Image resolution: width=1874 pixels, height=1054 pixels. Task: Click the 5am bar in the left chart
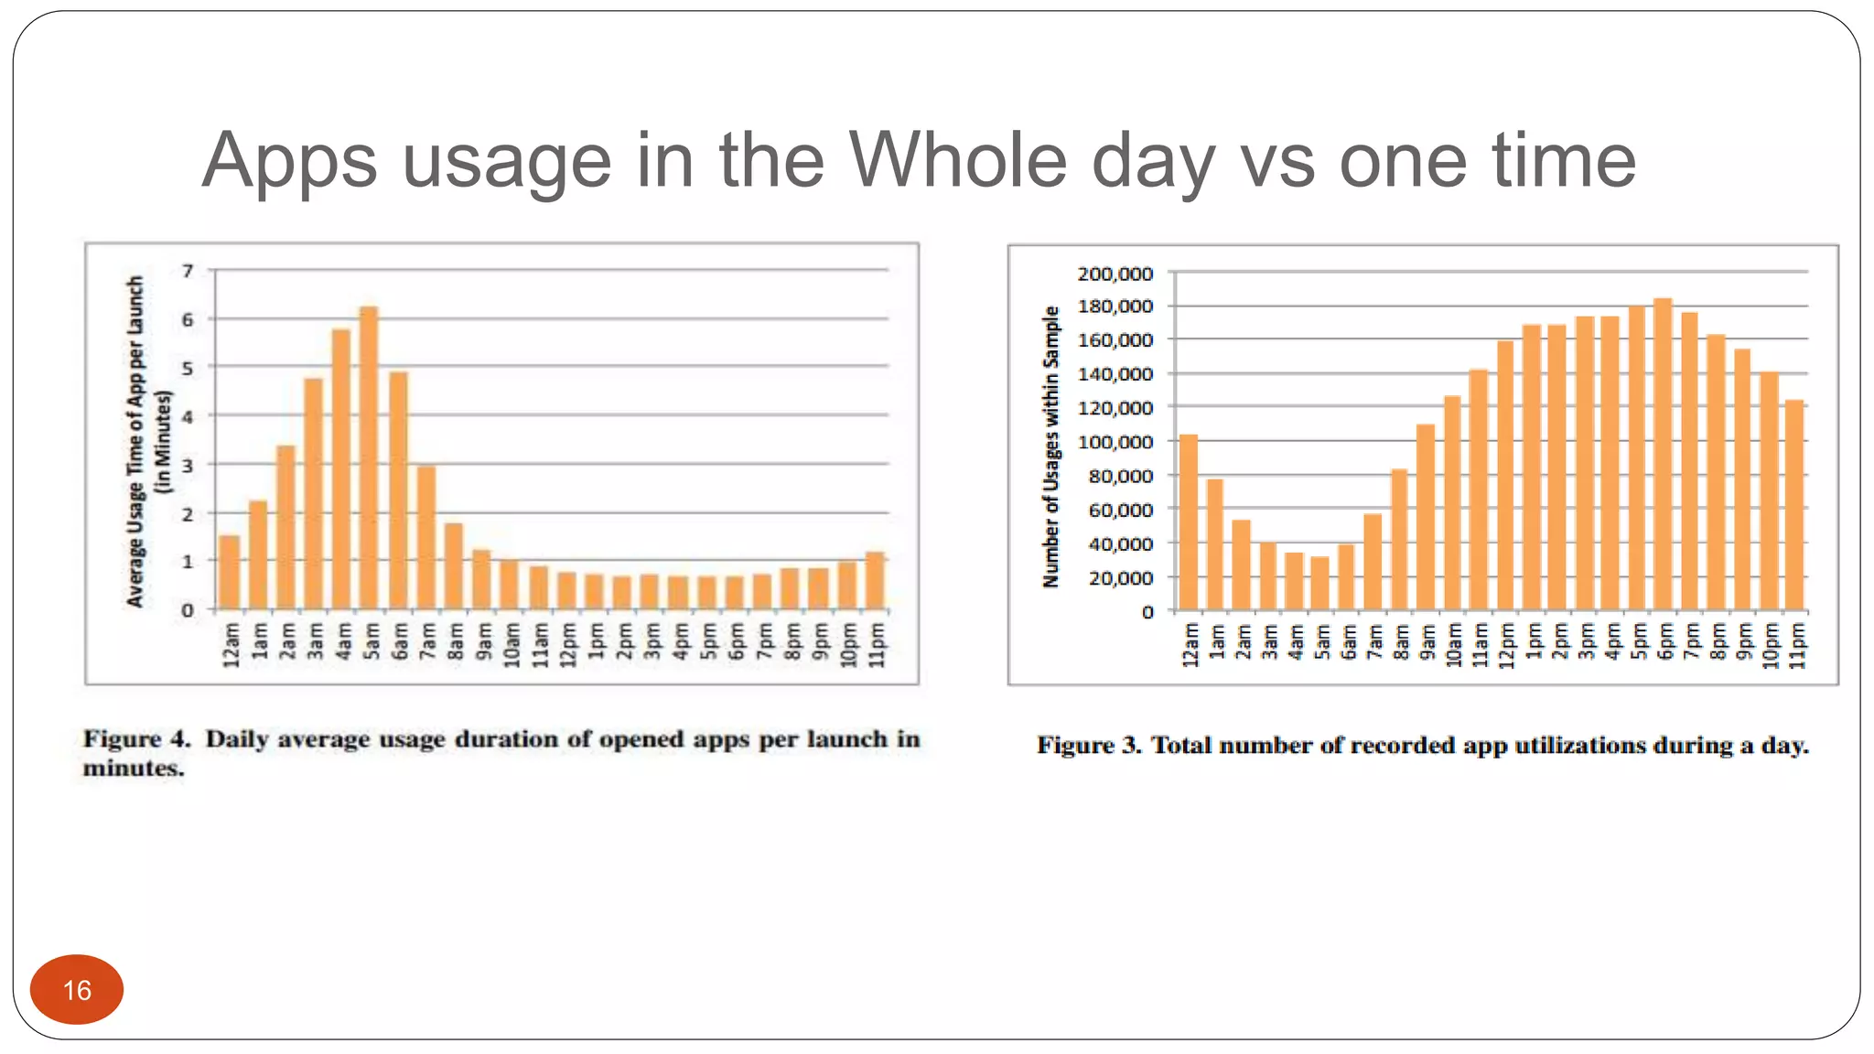coord(369,457)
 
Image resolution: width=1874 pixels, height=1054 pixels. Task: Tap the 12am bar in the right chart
coord(1189,522)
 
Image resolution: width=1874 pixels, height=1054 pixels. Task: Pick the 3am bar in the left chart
coord(314,494)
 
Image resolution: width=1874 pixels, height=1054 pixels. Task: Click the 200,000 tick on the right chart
coord(1115,274)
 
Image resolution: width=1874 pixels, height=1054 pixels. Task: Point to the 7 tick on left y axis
coord(188,271)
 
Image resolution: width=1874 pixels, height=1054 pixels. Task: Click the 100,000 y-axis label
coord(1115,442)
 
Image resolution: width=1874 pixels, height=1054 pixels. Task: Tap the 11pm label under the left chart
coord(877,644)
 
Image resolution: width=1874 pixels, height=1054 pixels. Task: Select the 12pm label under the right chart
coord(1506,646)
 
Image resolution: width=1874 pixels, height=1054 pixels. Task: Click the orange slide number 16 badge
coord(77,989)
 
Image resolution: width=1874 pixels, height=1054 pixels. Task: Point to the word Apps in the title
coord(289,162)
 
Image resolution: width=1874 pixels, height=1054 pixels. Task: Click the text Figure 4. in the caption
coord(136,739)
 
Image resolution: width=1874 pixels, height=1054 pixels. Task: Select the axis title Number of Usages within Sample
coord(1051,446)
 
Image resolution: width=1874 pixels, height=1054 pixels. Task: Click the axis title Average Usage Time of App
coord(135,441)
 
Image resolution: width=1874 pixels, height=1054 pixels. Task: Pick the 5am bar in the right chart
coord(1319,584)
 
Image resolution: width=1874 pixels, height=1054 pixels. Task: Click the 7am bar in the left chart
coord(426,538)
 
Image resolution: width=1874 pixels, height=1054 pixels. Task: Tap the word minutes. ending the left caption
coord(134,769)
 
